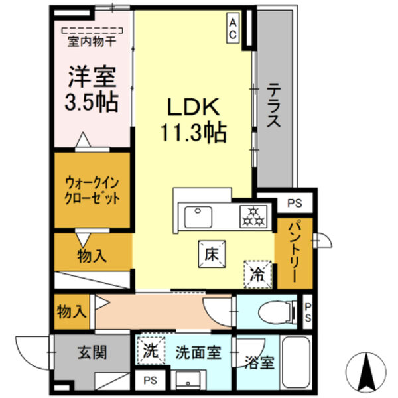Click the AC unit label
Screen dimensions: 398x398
coord(233,28)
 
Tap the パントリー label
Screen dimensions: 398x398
coord(293,252)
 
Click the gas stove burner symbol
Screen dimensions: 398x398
coord(253,216)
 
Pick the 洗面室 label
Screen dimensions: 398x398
coord(197,352)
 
